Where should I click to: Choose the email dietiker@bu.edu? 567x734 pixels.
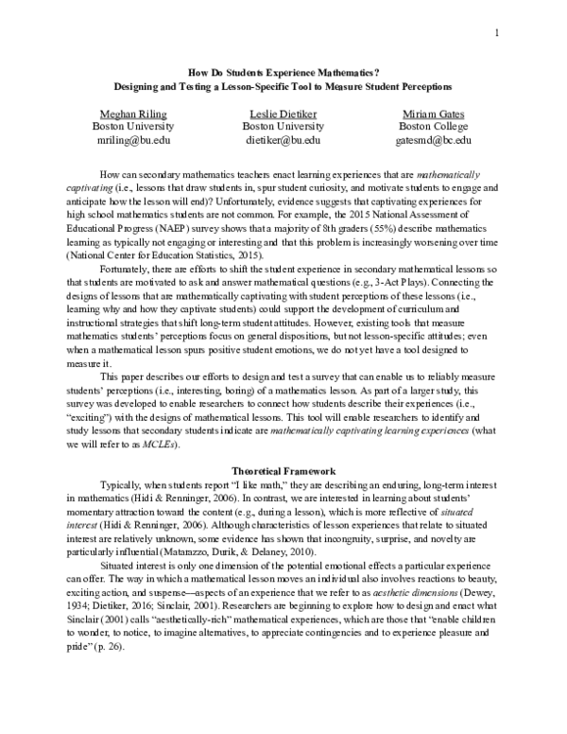click(x=282, y=140)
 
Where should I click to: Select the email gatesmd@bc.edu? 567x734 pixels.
click(x=432, y=140)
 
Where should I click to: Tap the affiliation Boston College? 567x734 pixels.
click(x=432, y=126)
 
